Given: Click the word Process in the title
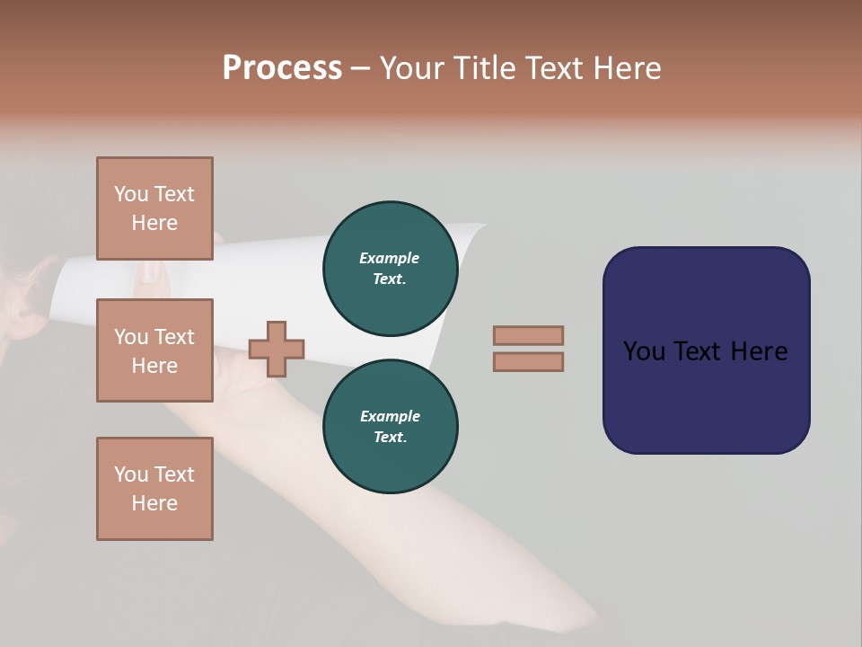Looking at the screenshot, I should click(282, 68).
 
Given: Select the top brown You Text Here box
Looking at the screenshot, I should click(154, 208).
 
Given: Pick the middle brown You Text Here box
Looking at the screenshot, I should click(154, 350).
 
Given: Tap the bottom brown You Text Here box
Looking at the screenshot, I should click(154, 489).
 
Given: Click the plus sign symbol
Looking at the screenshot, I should click(277, 349).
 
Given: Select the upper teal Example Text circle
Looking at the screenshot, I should click(390, 268).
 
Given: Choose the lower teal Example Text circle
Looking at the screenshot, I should click(390, 426).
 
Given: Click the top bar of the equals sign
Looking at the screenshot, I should click(528, 335).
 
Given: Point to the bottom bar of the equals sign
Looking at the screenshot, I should click(528, 361).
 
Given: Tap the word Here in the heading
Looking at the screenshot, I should click(626, 68).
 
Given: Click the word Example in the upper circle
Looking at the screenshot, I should click(390, 258).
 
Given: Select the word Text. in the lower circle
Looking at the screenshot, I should click(390, 437).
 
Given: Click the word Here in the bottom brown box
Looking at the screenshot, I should click(154, 503).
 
